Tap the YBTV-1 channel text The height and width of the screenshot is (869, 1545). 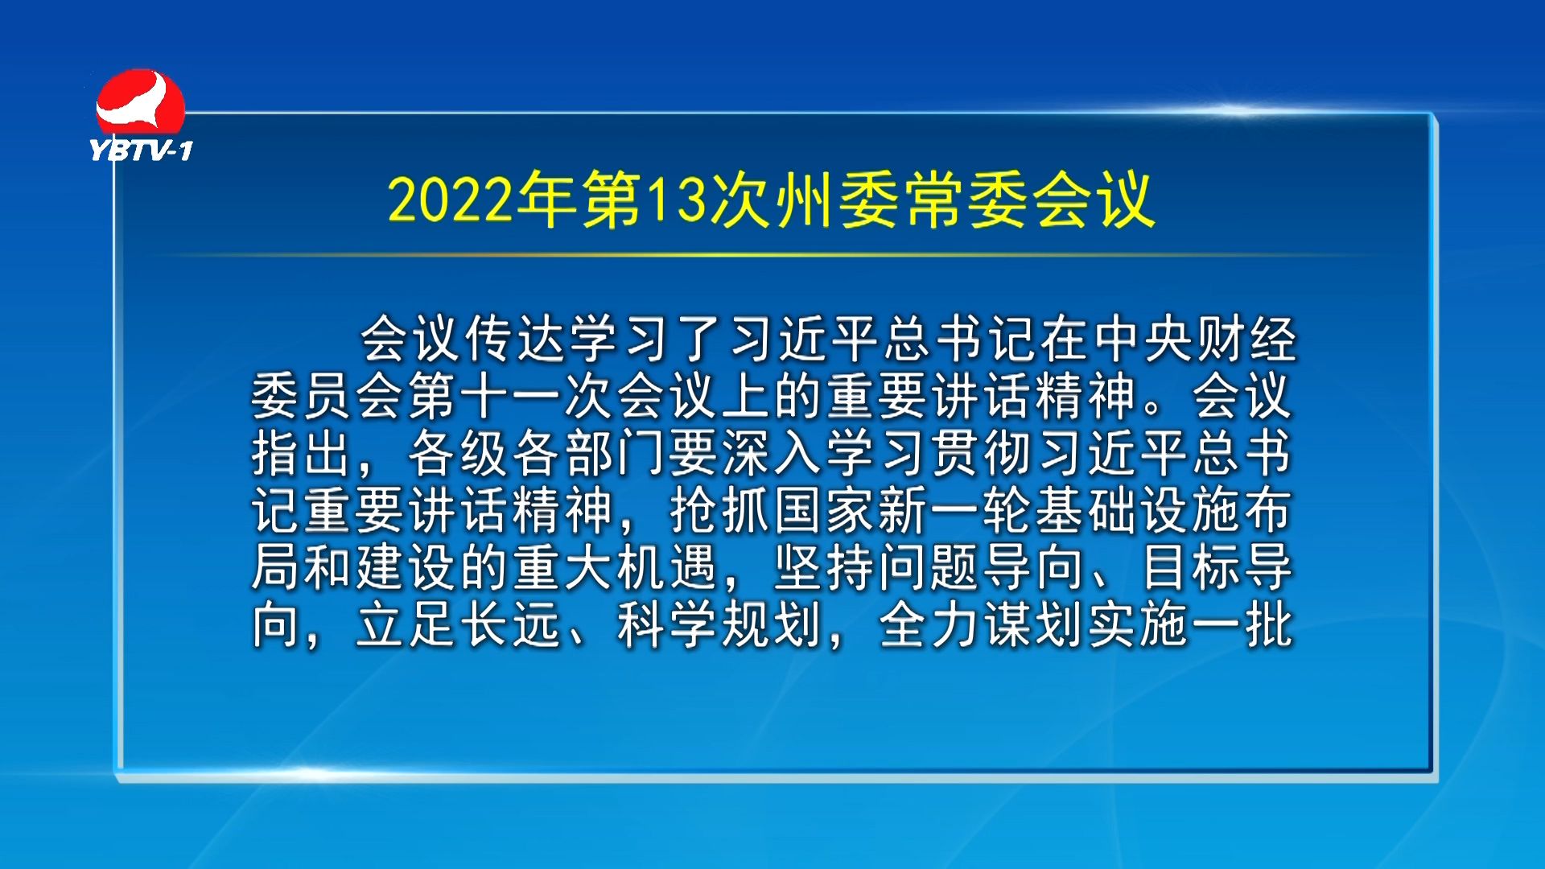click(x=141, y=150)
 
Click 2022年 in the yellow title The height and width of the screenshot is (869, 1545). click(x=481, y=199)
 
